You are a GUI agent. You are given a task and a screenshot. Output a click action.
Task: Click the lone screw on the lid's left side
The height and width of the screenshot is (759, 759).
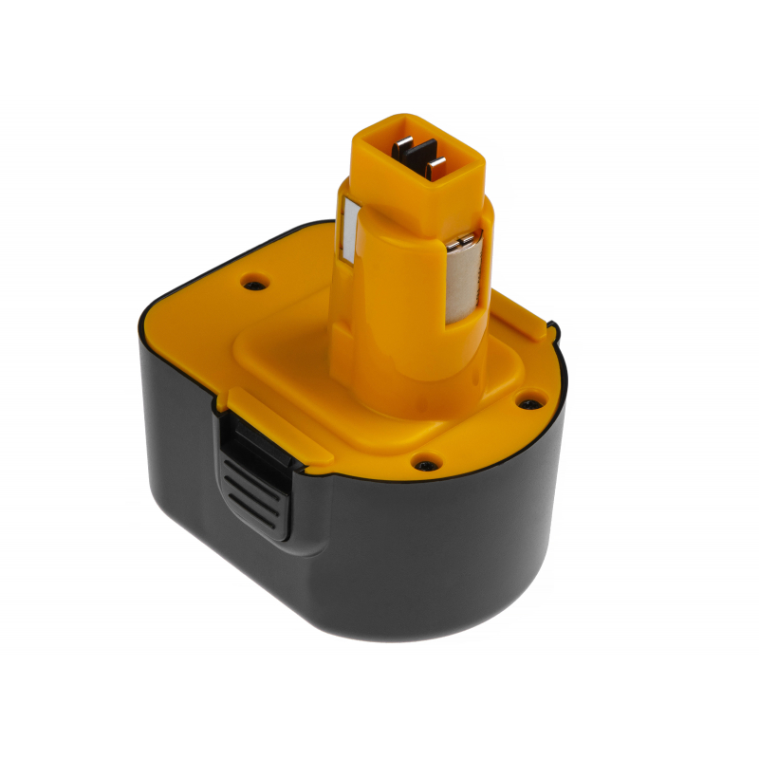(x=253, y=283)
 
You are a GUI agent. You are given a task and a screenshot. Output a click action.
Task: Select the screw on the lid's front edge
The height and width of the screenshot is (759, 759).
(x=424, y=465)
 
